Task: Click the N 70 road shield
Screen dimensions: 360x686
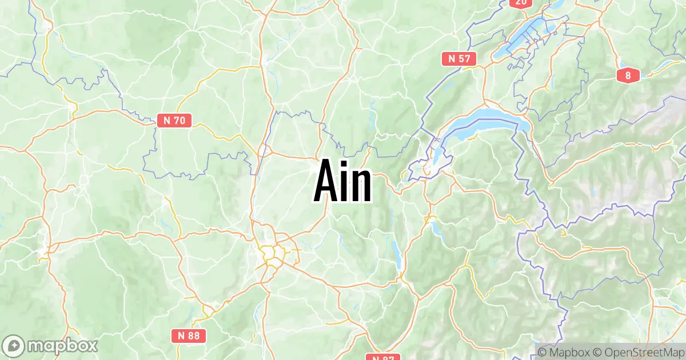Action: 174,120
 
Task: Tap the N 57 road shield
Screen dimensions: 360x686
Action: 459,58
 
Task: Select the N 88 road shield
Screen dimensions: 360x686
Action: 189,336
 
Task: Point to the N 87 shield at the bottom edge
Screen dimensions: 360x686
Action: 380,357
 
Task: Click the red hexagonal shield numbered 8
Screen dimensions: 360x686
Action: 628,75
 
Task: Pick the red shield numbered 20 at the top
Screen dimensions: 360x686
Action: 520,3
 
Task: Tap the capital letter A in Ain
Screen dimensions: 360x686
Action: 326,182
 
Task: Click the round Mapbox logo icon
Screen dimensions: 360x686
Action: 13,346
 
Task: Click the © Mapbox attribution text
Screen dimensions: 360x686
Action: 563,352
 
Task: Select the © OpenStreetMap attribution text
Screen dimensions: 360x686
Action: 638,352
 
